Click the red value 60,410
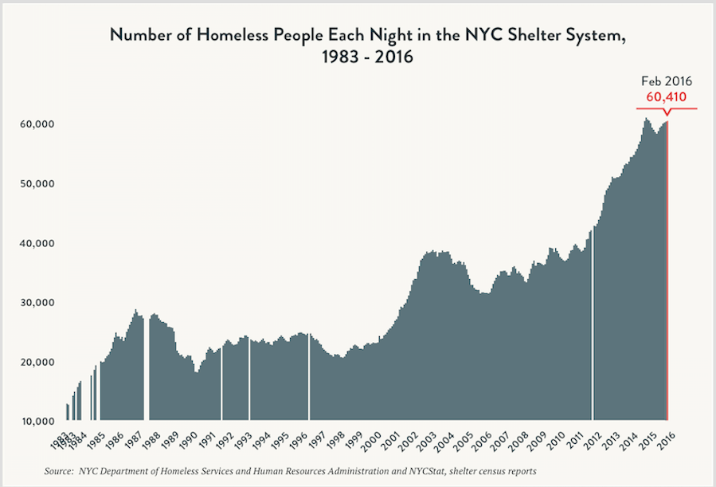pos(666,97)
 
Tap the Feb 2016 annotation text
pos(667,81)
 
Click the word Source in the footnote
pos(59,471)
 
